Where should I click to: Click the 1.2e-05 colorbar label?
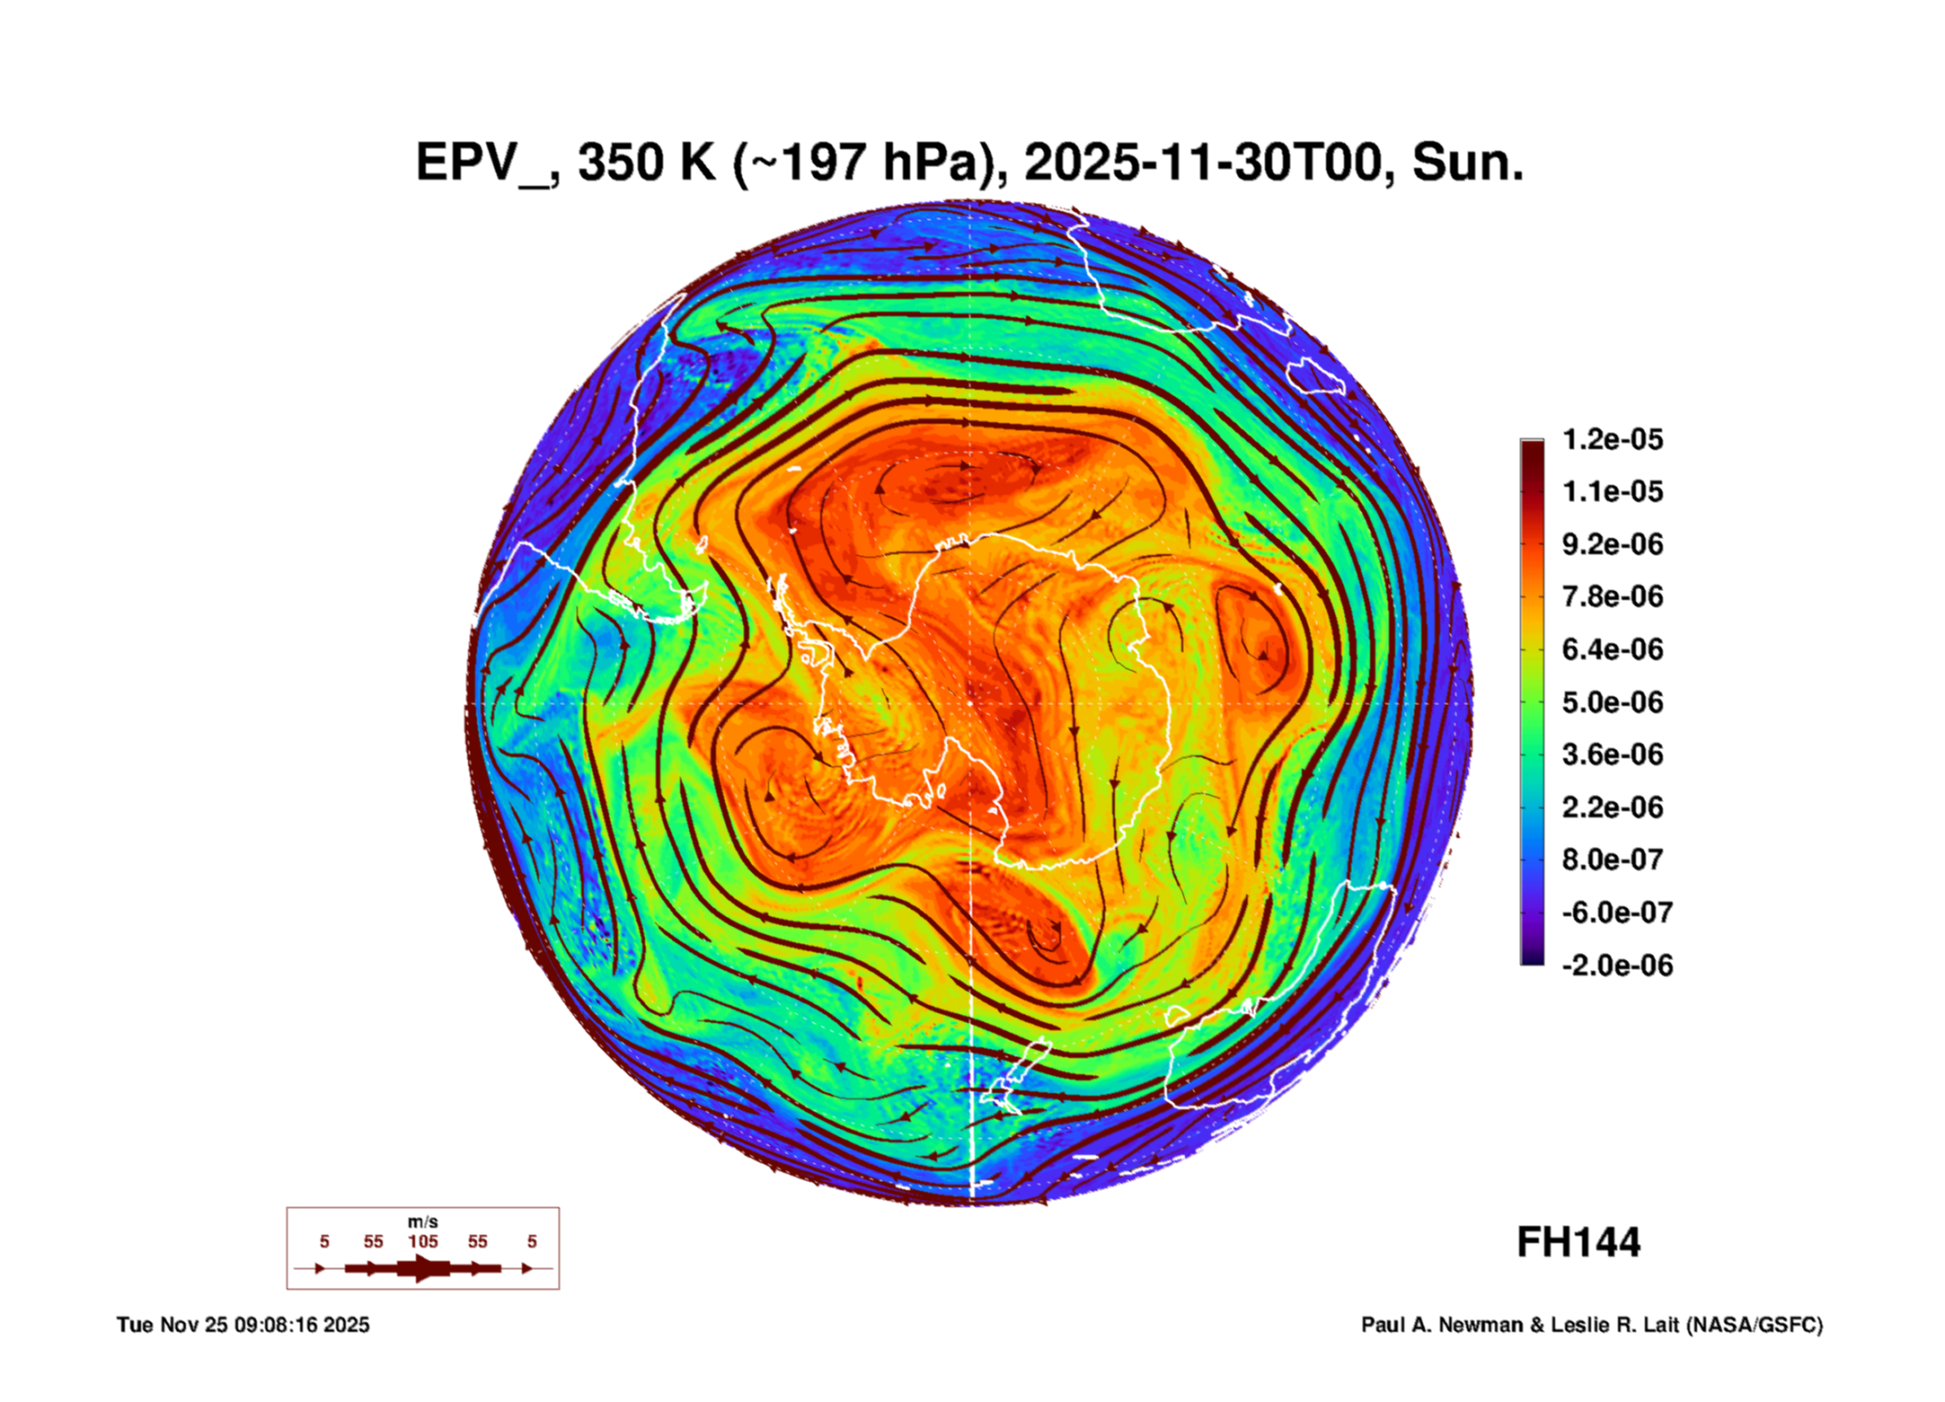1612,439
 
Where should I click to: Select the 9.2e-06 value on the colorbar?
1612,544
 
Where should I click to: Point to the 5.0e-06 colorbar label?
1612,701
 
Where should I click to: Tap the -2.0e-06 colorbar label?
1616,965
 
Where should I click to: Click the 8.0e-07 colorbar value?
1612,860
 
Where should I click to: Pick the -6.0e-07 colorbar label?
1616,913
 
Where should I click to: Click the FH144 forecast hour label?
1578,1242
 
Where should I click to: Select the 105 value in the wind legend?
422,1241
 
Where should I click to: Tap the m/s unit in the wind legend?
422,1221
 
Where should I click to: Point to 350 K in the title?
646,163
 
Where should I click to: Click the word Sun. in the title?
1467,163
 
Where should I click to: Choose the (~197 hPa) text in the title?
868,163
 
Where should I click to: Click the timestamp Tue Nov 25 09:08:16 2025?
243,1325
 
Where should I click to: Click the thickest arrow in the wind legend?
422,1268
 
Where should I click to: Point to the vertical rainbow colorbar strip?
1532,701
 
